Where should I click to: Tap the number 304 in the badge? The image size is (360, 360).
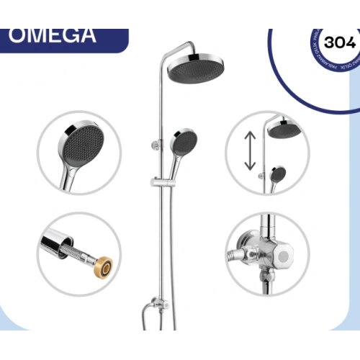click(x=339, y=42)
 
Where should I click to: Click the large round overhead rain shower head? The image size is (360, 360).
click(x=192, y=70)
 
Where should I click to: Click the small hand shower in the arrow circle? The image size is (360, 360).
click(x=278, y=174)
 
